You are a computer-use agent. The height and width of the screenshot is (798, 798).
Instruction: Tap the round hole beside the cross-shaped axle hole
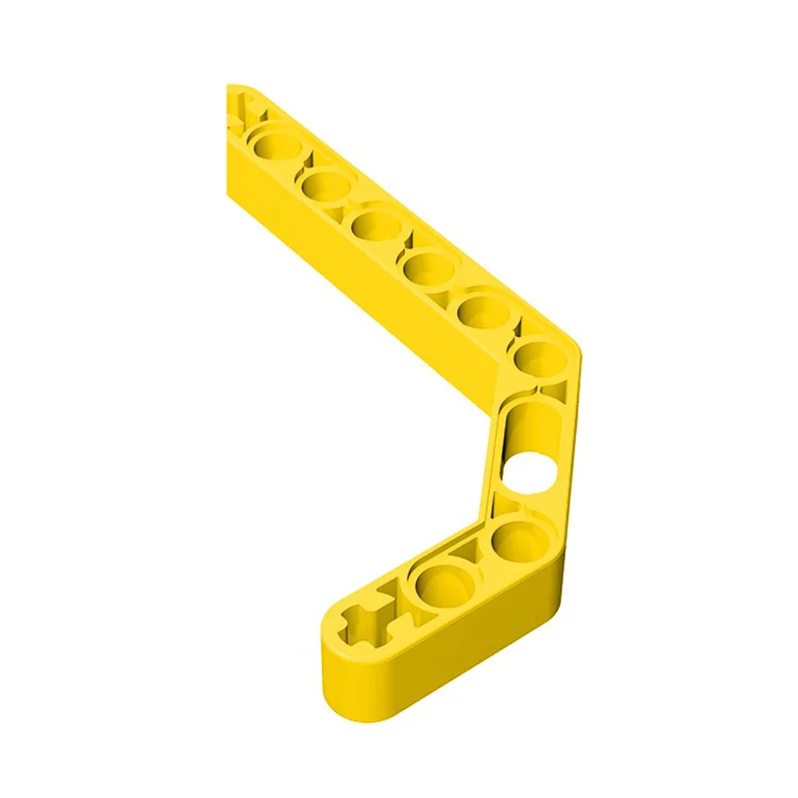tap(438, 586)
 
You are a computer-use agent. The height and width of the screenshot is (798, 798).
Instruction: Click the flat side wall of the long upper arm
tap(379, 299)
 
